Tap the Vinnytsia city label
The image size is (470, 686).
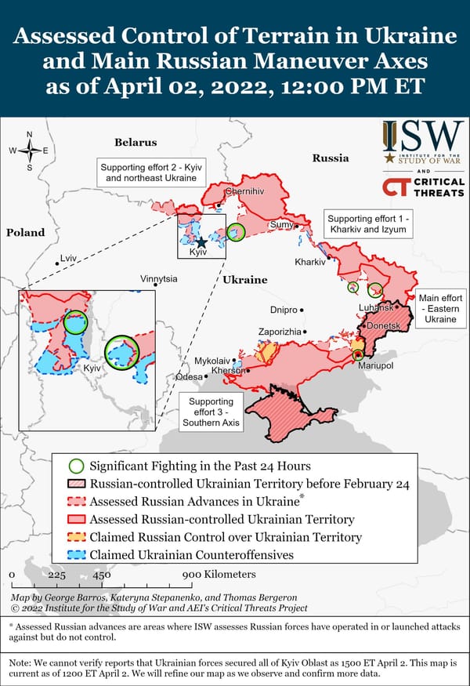click(x=159, y=279)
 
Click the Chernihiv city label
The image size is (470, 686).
click(x=245, y=191)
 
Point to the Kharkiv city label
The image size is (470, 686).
click(x=309, y=261)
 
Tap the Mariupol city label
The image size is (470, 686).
click(x=374, y=366)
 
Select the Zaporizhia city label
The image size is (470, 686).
click(x=280, y=332)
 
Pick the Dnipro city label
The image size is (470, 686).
click(x=284, y=310)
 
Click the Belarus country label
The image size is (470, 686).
click(x=136, y=143)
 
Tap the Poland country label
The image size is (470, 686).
click(x=26, y=233)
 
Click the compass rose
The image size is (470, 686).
click(x=29, y=150)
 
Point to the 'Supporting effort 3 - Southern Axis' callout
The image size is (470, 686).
click(x=210, y=412)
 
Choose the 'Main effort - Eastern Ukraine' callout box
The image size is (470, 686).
click(x=440, y=309)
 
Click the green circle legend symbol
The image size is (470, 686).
click(x=76, y=466)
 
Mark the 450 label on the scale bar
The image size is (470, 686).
click(x=102, y=575)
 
